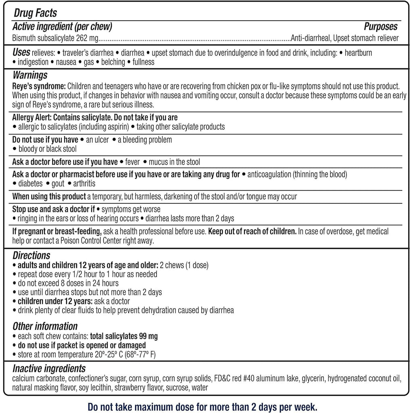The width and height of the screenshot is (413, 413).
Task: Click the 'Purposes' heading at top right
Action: click(380, 27)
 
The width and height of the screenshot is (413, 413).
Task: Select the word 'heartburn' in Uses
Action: click(357, 53)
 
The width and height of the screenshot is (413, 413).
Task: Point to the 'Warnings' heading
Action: click(30, 75)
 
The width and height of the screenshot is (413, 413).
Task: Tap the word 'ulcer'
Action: click(100, 140)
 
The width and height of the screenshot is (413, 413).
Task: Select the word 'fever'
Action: click(132, 162)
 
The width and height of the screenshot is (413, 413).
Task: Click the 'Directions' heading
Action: click(31, 256)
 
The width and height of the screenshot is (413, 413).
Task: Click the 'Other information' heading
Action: click(45, 326)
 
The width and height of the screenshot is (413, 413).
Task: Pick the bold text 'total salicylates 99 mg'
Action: click(124, 336)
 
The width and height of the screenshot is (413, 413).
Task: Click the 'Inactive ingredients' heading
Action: click(49, 369)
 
